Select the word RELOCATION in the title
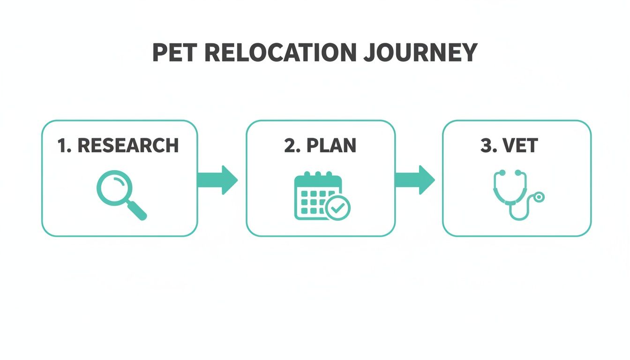coord(279,53)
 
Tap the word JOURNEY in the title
coord(420,53)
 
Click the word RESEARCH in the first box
coord(128,146)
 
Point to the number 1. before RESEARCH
coord(64,146)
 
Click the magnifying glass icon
coord(121,195)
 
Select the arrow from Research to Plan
coord(217,180)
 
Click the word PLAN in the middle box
coord(331,146)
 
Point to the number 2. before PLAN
coord(292,146)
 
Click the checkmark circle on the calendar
coord(337,208)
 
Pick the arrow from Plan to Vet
coord(414,180)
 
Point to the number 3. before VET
coord(488,146)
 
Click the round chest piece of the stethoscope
coord(539,197)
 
